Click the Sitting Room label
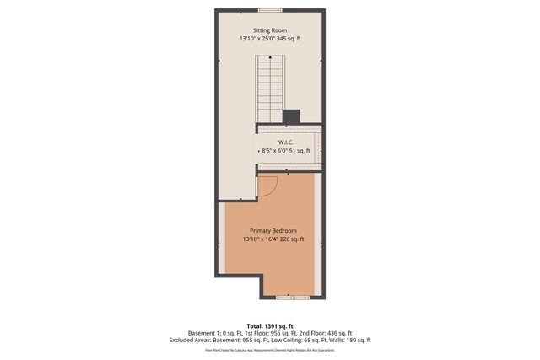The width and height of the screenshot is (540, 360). [x=269, y=30]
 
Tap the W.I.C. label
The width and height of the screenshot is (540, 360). [x=285, y=142]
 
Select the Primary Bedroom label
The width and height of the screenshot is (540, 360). [x=273, y=230]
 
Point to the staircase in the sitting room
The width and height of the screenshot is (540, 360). [x=269, y=89]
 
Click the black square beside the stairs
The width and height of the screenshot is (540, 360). [x=291, y=116]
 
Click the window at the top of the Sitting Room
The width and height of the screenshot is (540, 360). [x=270, y=10]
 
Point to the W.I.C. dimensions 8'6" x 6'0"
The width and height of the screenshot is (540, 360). [x=275, y=150]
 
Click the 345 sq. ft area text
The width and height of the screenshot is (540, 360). [x=289, y=39]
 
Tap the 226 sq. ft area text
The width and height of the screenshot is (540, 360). [x=291, y=239]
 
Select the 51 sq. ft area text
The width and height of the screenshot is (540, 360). [x=300, y=150]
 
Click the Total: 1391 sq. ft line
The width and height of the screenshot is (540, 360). [x=269, y=325]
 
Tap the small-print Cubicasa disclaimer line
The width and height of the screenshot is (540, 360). [x=270, y=349]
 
